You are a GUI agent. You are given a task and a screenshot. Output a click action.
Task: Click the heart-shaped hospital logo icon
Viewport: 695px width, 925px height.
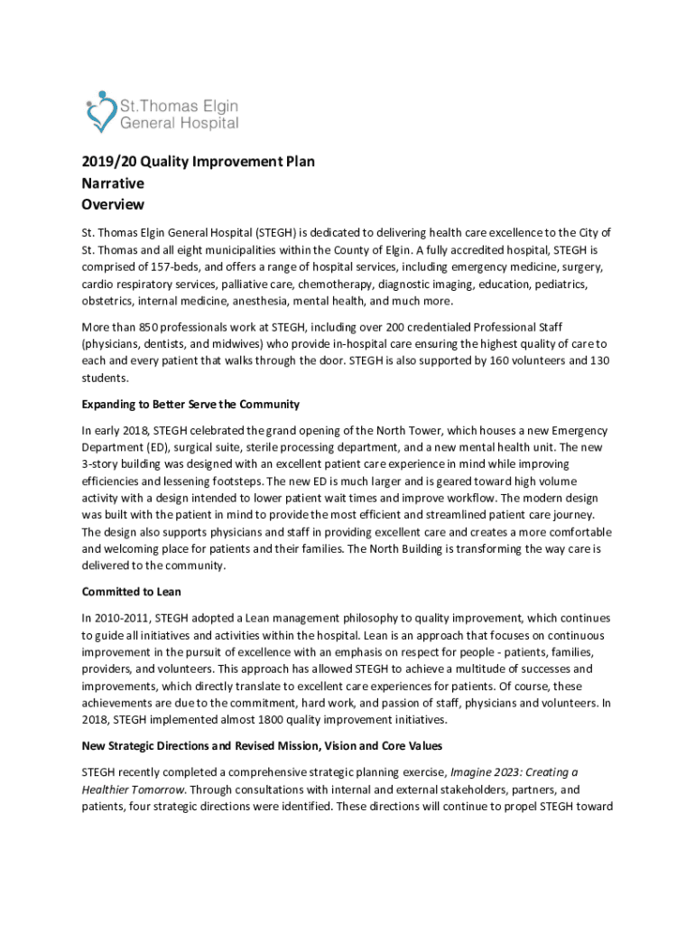click(x=98, y=113)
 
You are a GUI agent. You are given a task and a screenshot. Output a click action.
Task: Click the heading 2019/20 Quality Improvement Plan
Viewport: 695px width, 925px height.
click(x=197, y=162)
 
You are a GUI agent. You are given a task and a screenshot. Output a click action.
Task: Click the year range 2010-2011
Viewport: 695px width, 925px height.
click(x=124, y=618)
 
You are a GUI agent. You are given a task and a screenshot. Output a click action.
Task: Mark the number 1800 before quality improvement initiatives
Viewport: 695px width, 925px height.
click(x=259, y=722)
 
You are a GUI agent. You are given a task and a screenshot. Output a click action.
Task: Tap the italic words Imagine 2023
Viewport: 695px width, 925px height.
click(x=486, y=772)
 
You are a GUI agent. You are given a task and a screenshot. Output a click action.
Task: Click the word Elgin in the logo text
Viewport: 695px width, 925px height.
click(x=215, y=105)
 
